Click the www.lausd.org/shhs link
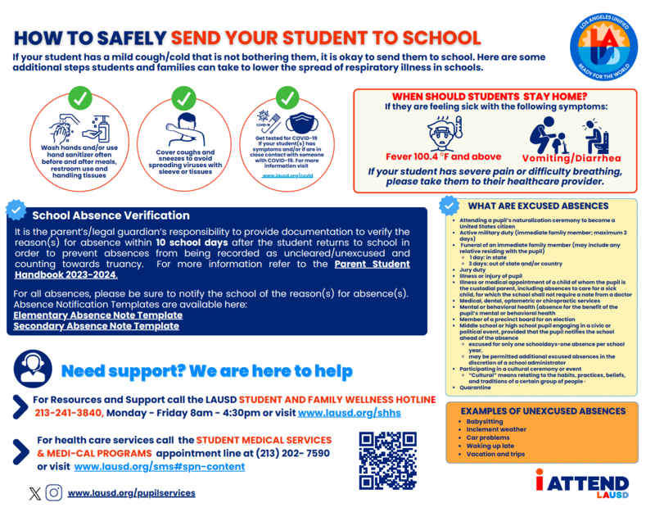pos(350,412)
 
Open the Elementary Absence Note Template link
pos(98,315)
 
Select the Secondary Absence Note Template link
pos(97,326)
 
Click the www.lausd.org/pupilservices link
pos(131,493)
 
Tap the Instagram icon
pos(53,493)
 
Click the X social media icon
pos(34,493)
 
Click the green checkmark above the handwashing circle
pos(79,99)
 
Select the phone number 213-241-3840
pos(69,412)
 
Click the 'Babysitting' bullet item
pos(485,421)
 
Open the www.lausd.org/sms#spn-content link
pos(159,467)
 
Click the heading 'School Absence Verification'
pos(111,215)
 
